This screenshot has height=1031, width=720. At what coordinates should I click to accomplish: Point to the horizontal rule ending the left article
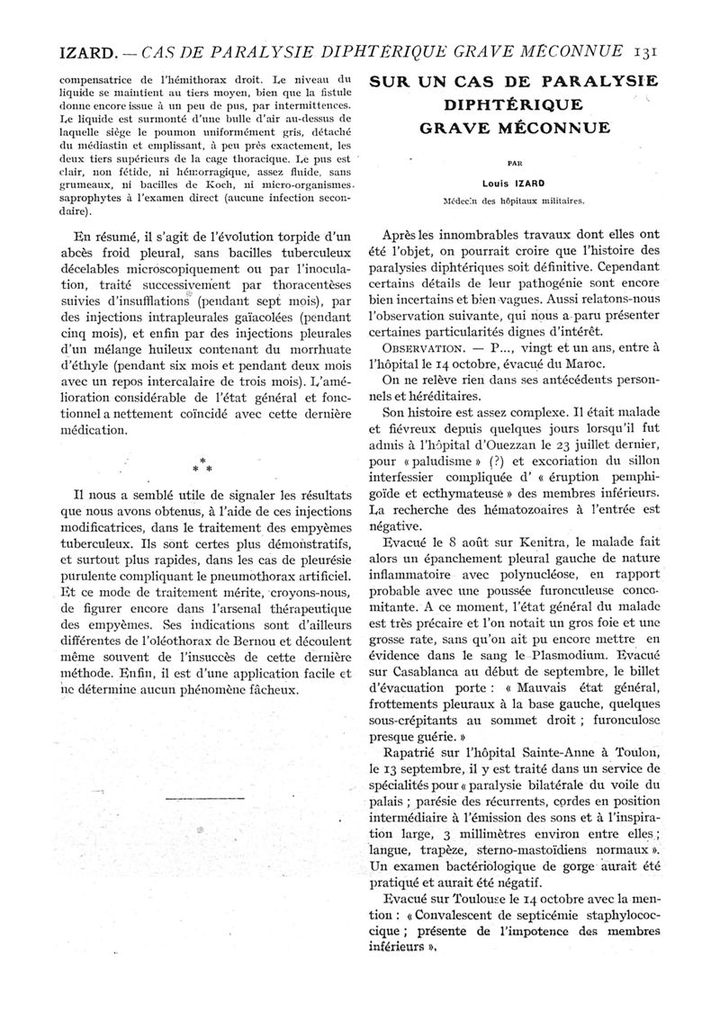[x=207, y=798]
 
